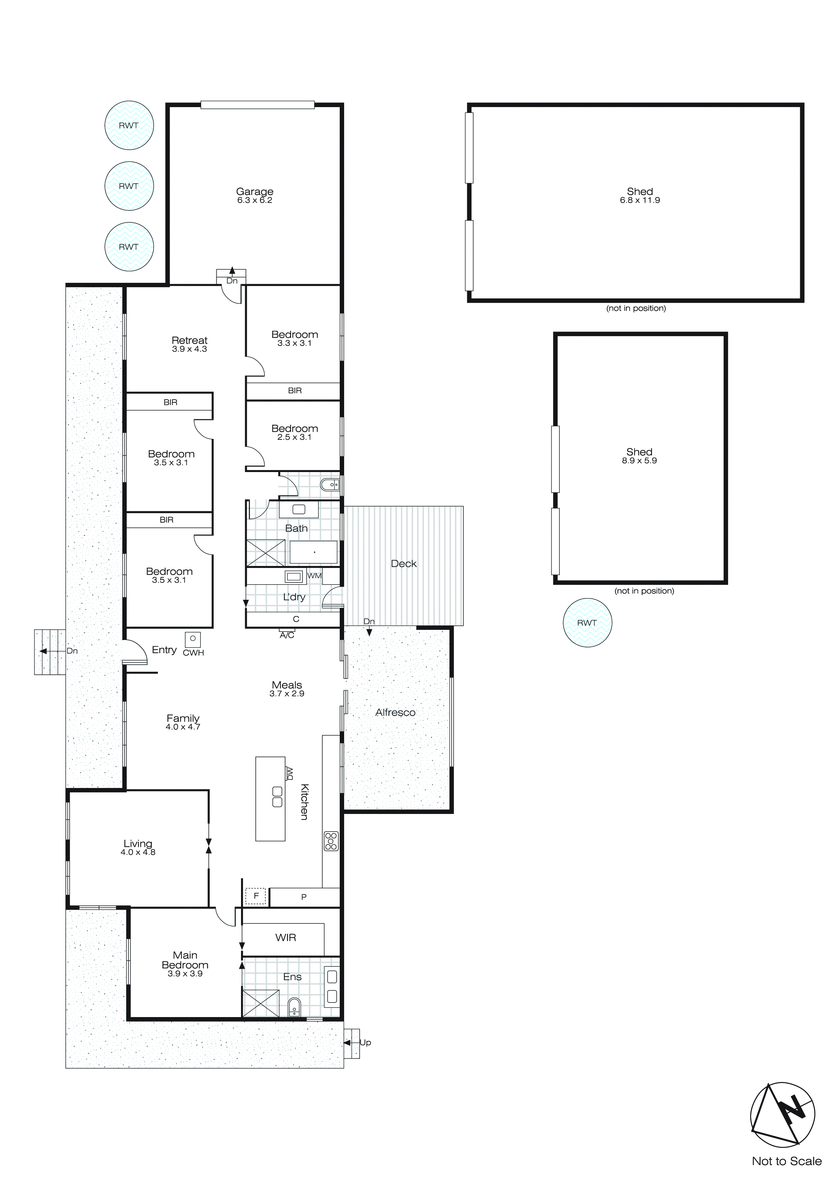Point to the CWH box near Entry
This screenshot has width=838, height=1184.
(x=193, y=639)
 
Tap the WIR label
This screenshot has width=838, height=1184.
(x=285, y=938)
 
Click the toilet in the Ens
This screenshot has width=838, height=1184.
(x=294, y=1007)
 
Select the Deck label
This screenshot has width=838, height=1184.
(x=404, y=564)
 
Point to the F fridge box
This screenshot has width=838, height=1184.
(x=256, y=896)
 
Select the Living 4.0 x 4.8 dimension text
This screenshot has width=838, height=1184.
(x=138, y=853)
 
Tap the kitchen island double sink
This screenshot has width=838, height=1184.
(x=277, y=797)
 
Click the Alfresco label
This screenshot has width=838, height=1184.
(x=395, y=712)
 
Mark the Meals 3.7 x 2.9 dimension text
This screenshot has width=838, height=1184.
(x=287, y=694)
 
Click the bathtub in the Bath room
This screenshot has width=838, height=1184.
(x=313, y=552)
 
